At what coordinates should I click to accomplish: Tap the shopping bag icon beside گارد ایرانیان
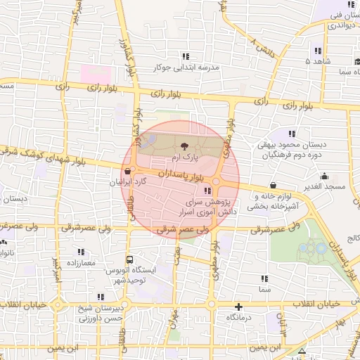tap(127, 171)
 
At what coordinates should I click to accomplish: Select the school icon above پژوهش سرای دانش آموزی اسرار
tap(207, 191)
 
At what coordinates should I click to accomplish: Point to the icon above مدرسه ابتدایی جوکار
tap(186, 56)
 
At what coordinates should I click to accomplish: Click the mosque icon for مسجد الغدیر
tap(323, 176)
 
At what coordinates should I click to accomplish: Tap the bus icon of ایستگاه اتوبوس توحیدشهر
tap(128, 259)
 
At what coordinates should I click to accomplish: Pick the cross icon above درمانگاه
tap(239, 307)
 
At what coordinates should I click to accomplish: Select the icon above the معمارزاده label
tap(82, 251)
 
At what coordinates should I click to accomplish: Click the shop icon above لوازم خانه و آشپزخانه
tap(272, 185)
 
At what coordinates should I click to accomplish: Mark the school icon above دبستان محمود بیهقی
tap(292, 134)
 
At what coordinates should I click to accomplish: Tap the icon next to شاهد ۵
tap(318, 51)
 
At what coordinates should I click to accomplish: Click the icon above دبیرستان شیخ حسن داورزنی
tap(102, 297)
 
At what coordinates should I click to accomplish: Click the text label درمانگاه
tap(240, 318)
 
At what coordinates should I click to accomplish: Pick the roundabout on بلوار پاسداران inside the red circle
tap(217, 183)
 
